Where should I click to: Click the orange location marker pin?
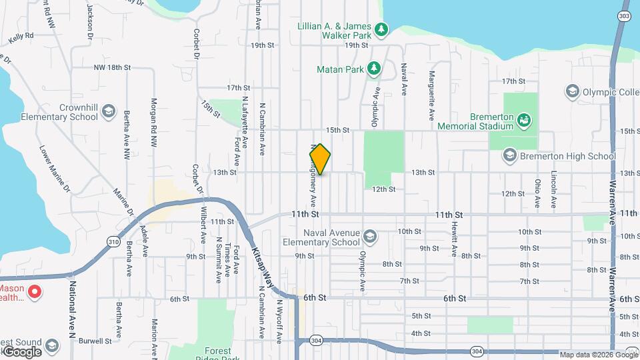[321, 159]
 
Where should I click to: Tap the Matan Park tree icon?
[375, 69]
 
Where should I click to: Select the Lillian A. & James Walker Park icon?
[381, 29]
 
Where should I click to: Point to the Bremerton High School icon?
[510, 156]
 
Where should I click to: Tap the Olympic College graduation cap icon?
[571, 91]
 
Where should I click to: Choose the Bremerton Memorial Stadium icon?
[525, 120]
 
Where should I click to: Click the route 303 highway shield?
[623, 16]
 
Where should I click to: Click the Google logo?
[21, 351]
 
